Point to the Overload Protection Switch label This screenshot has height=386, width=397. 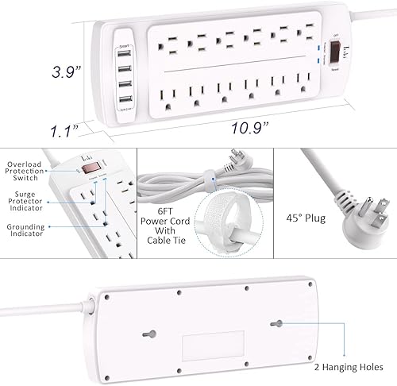(26, 170)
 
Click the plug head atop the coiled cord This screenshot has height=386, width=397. (245, 162)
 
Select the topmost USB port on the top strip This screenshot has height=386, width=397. (126, 59)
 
